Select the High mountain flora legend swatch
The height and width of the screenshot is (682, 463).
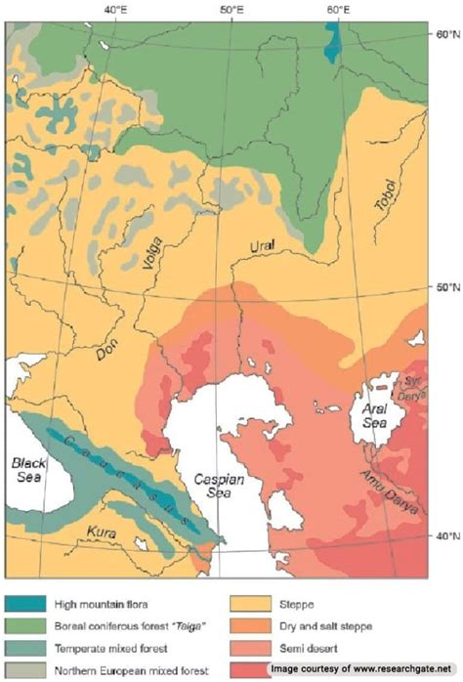(x=30, y=591)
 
